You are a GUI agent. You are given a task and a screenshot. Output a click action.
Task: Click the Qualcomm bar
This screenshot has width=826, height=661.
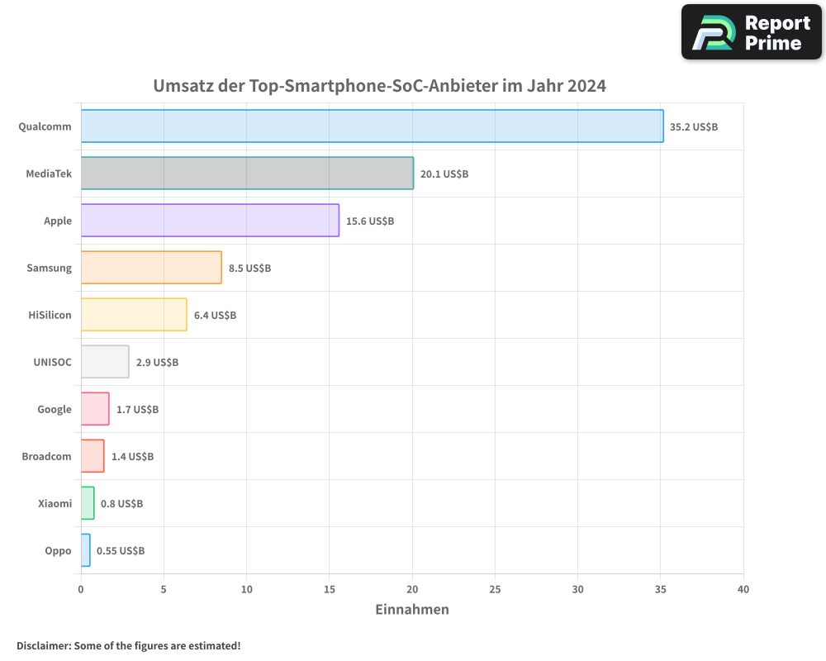coord(372,126)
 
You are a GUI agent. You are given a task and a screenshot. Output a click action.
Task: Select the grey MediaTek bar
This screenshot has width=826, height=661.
coord(247,174)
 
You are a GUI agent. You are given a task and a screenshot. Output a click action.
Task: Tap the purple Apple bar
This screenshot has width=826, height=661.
coord(210,221)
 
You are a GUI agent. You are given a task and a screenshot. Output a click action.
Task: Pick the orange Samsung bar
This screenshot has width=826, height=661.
coord(151,268)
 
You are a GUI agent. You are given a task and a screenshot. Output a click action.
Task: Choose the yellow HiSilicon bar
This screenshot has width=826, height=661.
coord(134,315)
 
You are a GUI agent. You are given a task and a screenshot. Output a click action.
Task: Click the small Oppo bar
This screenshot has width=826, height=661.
coord(85,550)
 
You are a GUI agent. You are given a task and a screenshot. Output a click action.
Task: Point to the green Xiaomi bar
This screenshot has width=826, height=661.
coord(88,503)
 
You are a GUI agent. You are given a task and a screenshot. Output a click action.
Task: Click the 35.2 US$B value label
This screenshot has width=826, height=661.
coord(694,127)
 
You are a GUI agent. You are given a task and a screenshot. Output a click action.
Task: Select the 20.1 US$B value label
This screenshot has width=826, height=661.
coord(444,174)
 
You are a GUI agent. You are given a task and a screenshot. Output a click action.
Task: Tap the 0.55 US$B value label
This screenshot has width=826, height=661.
coord(121,551)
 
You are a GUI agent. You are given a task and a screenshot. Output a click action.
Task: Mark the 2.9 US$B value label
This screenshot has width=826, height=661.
coord(157,363)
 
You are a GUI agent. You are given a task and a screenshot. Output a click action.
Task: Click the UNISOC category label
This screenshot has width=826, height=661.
coord(52,362)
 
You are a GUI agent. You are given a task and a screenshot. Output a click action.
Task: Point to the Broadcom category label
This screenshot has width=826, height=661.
coord(47,456)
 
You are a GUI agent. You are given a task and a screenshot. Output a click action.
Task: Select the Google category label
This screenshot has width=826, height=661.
coord(55,409)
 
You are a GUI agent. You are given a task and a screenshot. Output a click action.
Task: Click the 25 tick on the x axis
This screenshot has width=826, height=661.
coord(495,590)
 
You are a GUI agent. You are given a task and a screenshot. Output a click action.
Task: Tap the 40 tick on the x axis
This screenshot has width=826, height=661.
coord(743,590)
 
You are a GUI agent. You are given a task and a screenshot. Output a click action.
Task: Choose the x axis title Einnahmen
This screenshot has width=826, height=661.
coord(412,610)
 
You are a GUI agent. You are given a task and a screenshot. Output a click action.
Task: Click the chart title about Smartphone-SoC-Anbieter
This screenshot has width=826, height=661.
coord(380,86)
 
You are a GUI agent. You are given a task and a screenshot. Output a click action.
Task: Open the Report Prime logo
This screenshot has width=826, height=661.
coord(751,32)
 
